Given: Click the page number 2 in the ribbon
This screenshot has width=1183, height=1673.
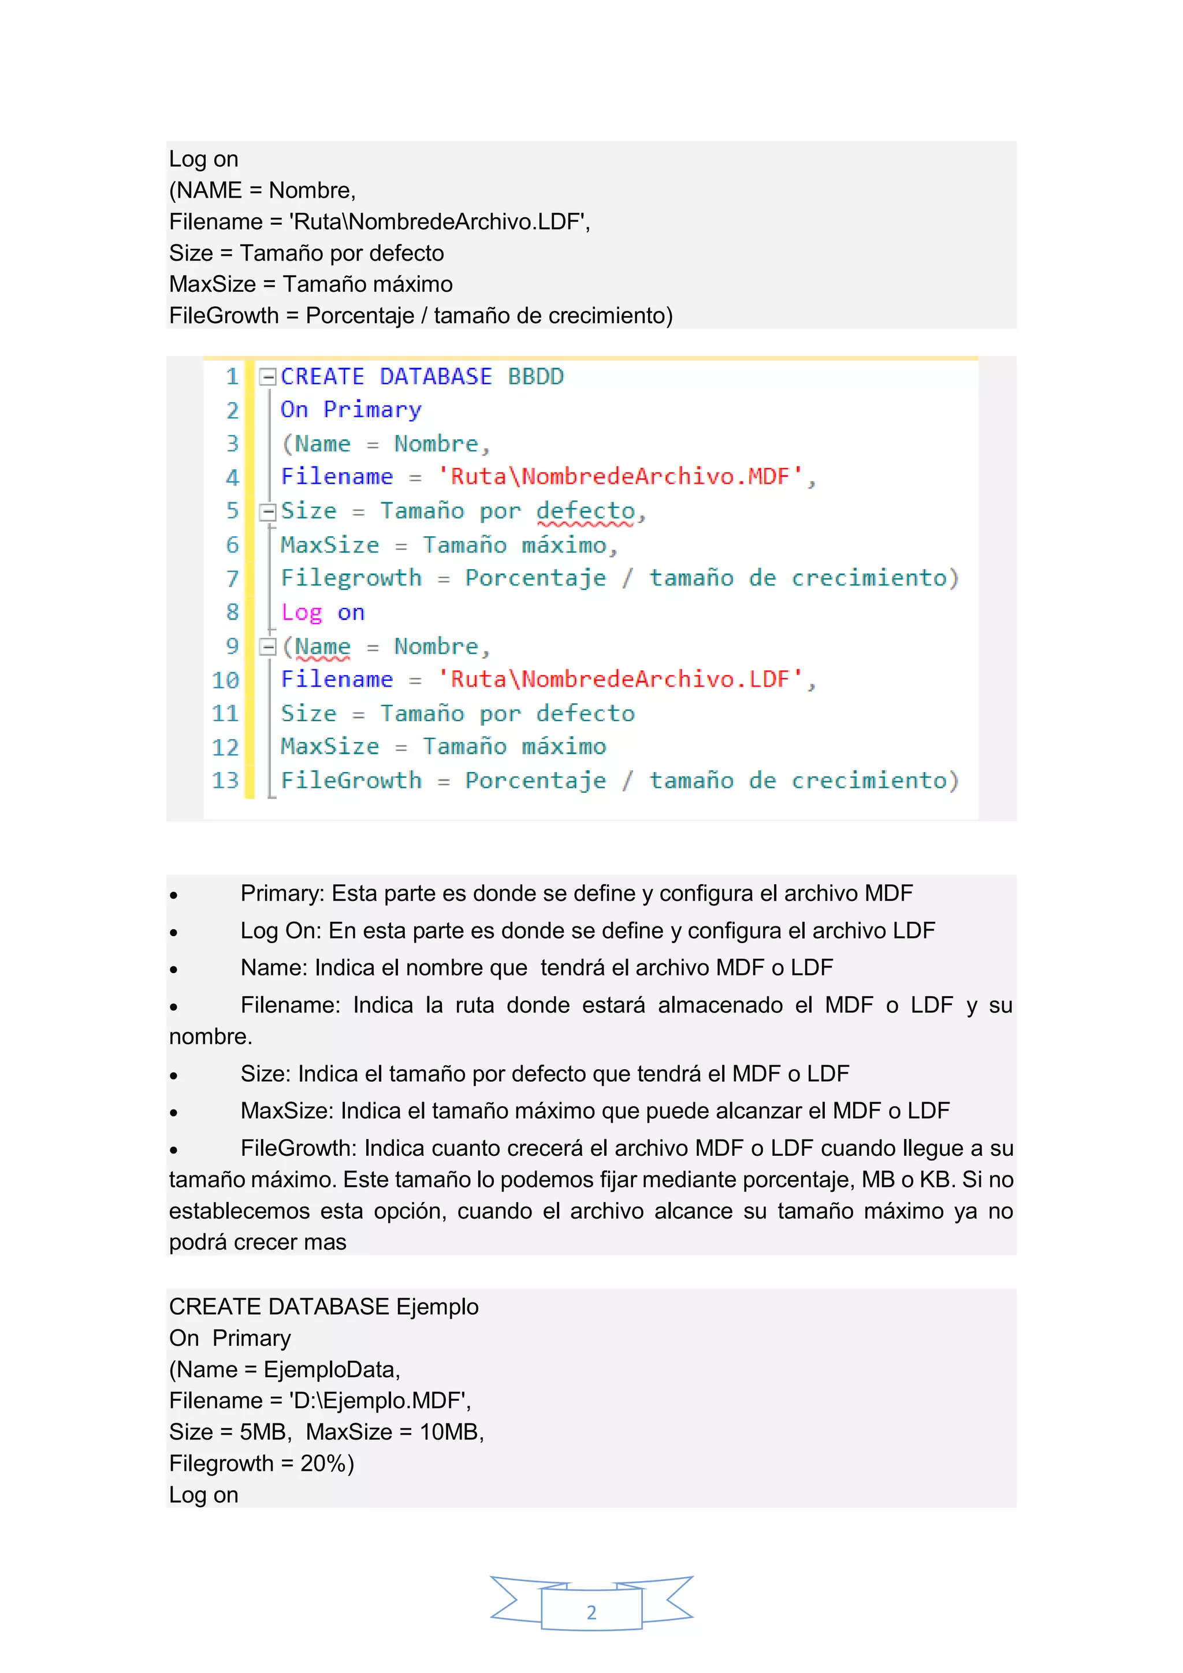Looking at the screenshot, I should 591,1612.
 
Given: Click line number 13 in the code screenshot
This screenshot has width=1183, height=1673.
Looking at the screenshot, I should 225,780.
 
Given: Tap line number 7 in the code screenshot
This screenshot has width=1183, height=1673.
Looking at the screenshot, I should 232,578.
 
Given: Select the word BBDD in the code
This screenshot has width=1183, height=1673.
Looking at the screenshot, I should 535,377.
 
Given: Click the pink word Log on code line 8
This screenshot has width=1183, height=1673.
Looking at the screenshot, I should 301,613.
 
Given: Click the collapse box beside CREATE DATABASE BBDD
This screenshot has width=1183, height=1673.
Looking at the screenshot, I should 268,377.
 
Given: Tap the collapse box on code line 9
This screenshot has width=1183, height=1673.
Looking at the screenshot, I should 268,646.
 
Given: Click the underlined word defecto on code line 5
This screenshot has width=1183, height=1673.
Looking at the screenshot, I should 586,511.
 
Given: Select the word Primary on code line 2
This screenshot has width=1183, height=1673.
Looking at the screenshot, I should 372,410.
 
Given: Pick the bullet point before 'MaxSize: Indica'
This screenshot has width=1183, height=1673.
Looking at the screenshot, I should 173,1112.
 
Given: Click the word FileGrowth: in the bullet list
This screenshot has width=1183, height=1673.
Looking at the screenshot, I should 299,1148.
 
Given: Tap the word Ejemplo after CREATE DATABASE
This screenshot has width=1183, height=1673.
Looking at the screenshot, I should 437,1307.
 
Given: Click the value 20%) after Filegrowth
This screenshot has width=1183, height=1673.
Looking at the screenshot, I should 327,1463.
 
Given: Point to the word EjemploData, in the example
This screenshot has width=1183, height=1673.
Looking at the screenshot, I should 332,1369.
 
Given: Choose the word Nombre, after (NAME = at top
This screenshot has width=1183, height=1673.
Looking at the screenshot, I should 312,190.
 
